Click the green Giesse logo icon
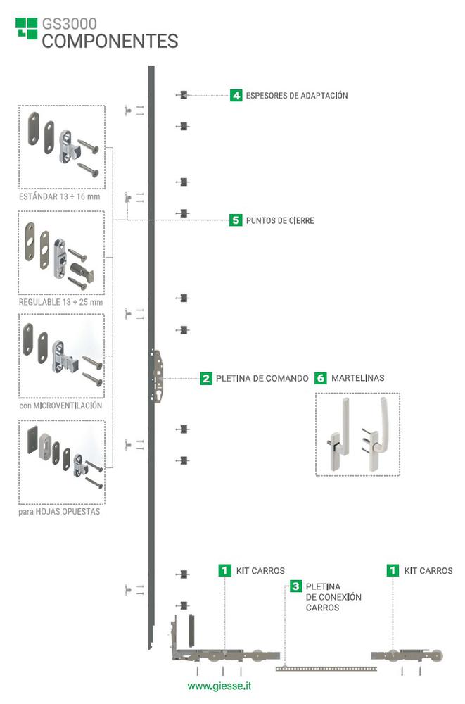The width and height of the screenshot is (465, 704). pyautogui.click(x=26, y=28)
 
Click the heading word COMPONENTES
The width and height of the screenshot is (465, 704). pyautogui.click(x=110, y=42)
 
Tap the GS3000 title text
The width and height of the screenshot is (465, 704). pyautogui.click(x=70, y=25)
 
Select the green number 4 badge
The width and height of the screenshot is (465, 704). pyautogui.click(x=236, y=95)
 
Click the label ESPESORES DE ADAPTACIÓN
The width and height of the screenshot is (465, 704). pyautogui.click(x=296, y=96)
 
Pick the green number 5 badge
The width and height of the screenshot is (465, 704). pyautogui.click(x=236, y=220)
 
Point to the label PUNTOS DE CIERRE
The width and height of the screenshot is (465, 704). pyautogui.click(x=279, y=221)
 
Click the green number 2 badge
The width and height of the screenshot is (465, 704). pyautogui.click(x=206, y=378)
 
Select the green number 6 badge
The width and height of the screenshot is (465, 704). pyautogui.click(x=321, y=378)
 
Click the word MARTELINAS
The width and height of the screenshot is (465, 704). pyautogui.click(x=359, y=379)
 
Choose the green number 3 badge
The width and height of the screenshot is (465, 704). pyautogui.click(x=295, y=586)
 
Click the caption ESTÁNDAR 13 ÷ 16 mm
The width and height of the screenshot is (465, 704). pyautogui.click(x=59, y=196)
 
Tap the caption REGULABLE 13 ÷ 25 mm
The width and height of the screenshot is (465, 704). pyautogui.click(x=60, y=301)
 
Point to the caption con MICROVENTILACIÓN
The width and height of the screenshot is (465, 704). pyautogui.click(x=60, y=406)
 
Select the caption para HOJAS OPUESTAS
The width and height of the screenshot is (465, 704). pyautogui.click(x=59, y=512)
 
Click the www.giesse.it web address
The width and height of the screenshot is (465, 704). pyautogui.click(x=219, y=685)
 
